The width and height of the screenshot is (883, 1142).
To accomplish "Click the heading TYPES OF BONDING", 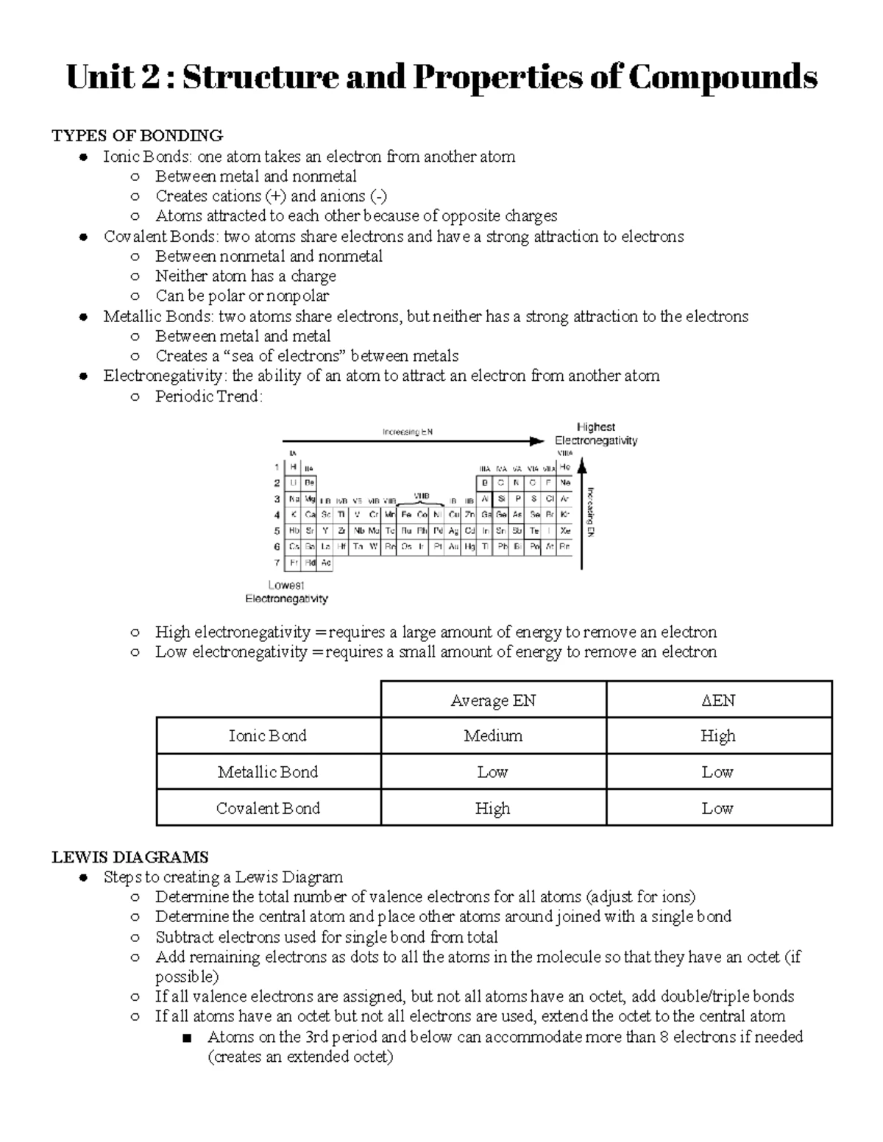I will click(x=137, y=135).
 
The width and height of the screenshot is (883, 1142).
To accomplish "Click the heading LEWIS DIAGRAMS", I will click(x=130, y=857).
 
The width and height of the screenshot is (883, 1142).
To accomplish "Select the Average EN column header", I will click(x=493, y=700).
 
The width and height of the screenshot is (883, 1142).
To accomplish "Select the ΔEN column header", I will click(x=718, y=700).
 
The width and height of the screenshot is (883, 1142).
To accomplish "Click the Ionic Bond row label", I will click(x=268, y=736).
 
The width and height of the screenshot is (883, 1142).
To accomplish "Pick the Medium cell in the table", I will click(x=493, y=736).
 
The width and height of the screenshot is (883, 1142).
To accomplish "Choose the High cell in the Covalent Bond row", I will click(x=493, y=808).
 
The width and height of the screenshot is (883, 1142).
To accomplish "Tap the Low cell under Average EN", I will click(x=493, y=772).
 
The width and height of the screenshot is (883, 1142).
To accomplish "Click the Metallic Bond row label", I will click(x=268, y=772).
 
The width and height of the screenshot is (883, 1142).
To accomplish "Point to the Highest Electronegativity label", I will click(x=596, y=434).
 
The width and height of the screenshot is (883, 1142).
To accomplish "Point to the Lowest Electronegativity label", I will click(x=286, y=592).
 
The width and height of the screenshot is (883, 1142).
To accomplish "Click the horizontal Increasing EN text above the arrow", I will click(x=407, y=432).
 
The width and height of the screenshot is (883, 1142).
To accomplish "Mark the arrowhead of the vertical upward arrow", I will click(x=581, y=465).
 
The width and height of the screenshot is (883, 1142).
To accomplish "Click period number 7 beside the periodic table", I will click(x=277, y=563).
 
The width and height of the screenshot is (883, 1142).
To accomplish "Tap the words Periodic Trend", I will click(x=208, y=396).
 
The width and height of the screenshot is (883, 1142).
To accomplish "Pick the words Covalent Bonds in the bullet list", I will click(x=160, y=237).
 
